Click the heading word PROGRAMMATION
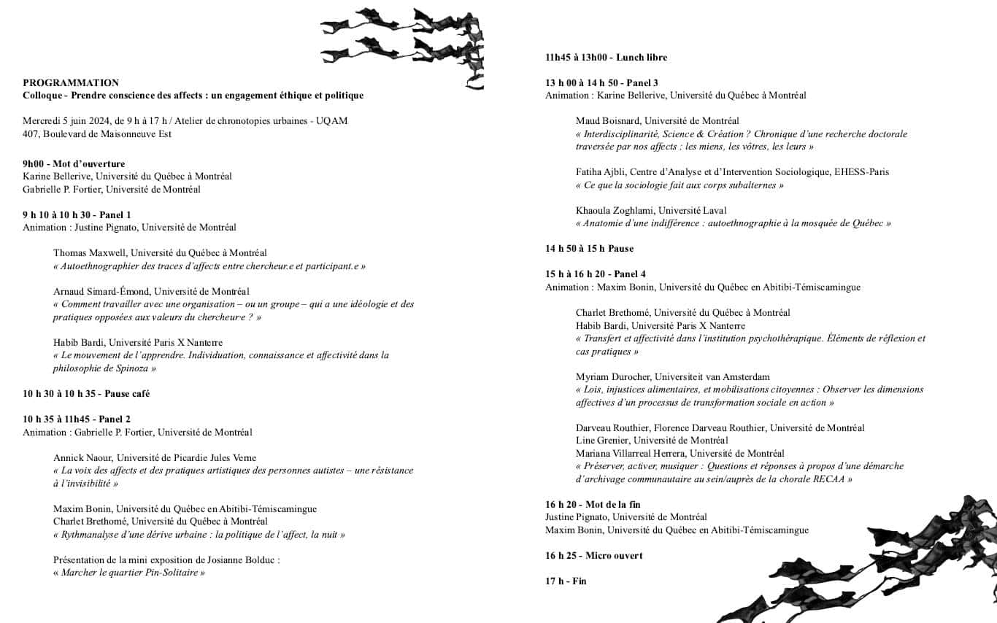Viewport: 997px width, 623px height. (x=71, y=83)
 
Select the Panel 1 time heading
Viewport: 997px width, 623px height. (x=77, y=215)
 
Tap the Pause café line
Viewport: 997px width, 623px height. (x=86, y=394)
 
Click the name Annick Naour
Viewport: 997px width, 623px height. (x=82, y=458)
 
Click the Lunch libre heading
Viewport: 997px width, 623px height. (x=606, y=58)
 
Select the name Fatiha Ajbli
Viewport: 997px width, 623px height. (x=601, y=172)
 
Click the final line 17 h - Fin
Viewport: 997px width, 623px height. (x=566, y=581)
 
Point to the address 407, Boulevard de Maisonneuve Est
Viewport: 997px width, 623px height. (x=97, y=134)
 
